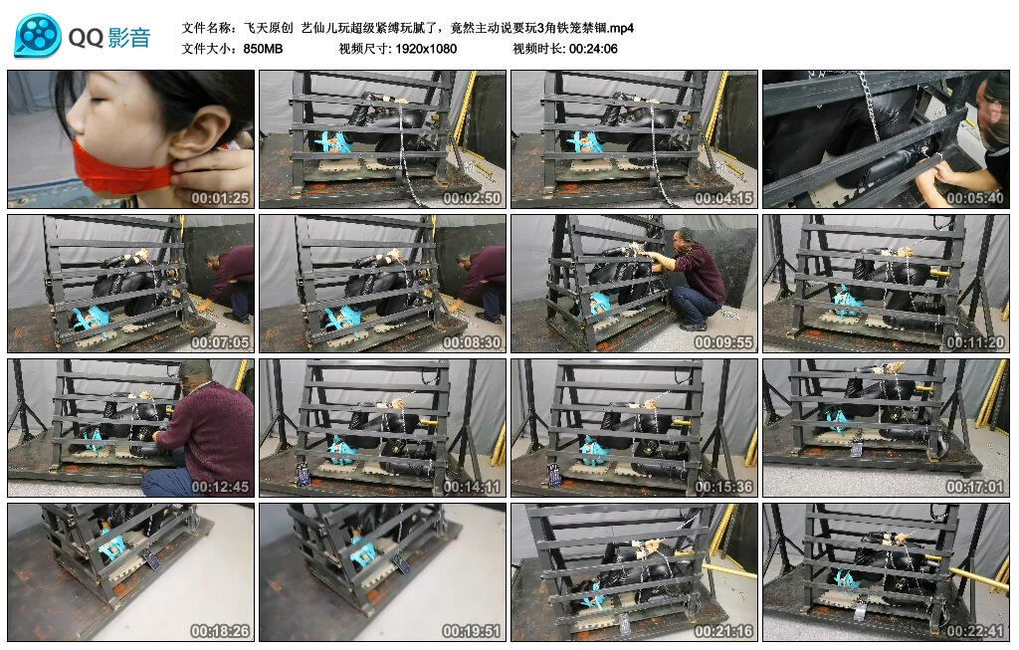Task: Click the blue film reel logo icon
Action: pyautogui.click(x=38, y=36)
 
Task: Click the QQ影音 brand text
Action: pyautogui.click(x=109, y=38)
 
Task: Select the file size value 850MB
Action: pyautogui.click(x=263, y=49)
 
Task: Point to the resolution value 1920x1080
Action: pyautogui.click(x=426, y=49)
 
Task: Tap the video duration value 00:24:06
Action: pyautogui.click(x=593, y=49)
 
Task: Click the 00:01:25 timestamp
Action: pyautogui.click(x=220, y=198)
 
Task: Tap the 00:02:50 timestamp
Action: pyautogui.click(x=472, y=198)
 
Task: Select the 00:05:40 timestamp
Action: pyautogui.click(x=975, y=198)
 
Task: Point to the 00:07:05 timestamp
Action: pyautogui.click(x=220, y=342)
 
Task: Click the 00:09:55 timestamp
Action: pyautogui.click(x=723, y=342)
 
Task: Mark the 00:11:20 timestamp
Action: pyautogui.click(x=975, y=342)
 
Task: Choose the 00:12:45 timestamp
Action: pyautogui.click(x=220, y=487)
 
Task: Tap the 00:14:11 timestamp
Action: pyautogui.click(x=472, y=487)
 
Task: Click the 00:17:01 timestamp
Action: pyautogui.click(x=975, y=487)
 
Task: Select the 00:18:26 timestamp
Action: pyautogui.click(x=220, y=631)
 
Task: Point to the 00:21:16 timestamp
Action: pyautogui.click(x=723, y=631)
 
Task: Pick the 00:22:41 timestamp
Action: pyautogui.click(x=975, y=631)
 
